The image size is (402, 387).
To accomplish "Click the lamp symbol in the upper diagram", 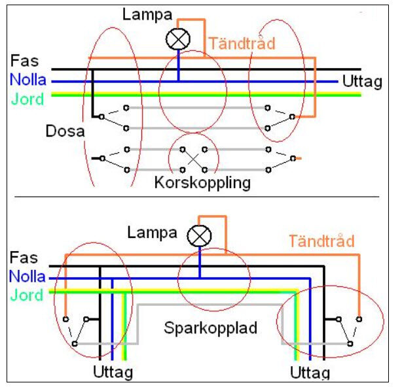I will click(x=177, y=41).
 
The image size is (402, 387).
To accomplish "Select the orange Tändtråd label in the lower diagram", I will click(x=321, y=241).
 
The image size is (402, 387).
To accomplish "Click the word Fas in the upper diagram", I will click(x=25, y=62).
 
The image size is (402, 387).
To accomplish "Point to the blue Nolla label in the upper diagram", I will click(x=28, y=81).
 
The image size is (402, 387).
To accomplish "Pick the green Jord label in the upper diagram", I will click(x=27, y=99).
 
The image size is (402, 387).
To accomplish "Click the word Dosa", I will click(x=65, y=131).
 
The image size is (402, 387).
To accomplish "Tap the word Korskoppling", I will click(x=202, y=182).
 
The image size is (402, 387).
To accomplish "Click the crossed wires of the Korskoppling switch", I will click(x=193, y=158).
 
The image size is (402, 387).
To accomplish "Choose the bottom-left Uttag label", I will click(x=113, y=373).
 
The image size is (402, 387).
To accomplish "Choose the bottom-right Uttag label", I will click(x=309, y=373).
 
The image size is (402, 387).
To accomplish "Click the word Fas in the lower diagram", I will click(x=24, y=258).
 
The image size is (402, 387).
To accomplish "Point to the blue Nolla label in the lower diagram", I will click(x=28, y=277).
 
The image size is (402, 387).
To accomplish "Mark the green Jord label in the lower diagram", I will click(x=27, y=295).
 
